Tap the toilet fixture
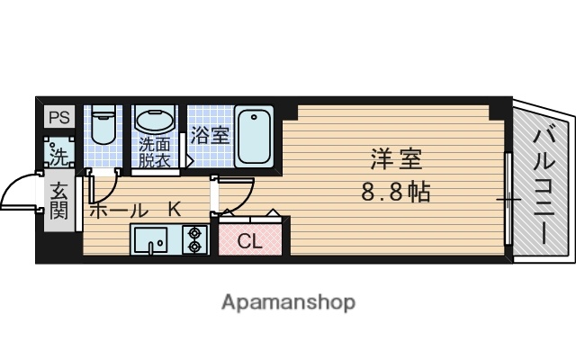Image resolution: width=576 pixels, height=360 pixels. click(x=104, y=130)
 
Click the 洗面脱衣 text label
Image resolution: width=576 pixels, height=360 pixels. click(x=155, y=153)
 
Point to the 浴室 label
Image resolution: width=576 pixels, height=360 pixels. click(x=210, y=136)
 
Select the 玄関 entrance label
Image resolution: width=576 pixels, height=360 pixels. click(x=59, y=201)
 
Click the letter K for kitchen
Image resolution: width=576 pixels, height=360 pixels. click(x=174, y=209)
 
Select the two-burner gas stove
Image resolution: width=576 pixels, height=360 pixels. click(x=194, y=239)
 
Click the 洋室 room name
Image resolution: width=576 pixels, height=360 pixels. click(x=395, y=160)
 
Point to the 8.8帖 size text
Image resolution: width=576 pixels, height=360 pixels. click(x=395, y=192)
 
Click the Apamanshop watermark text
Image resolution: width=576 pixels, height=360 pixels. click(x=288, y=301)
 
